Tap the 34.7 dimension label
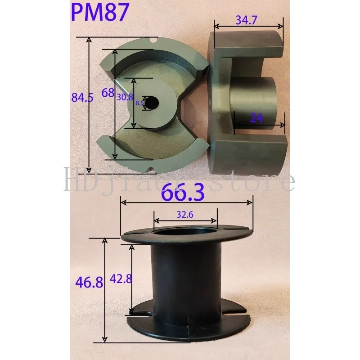[247, 20]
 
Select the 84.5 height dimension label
[82, 97]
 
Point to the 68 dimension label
[108, 93]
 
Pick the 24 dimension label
[256, 117]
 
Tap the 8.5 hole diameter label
[139, 103]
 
